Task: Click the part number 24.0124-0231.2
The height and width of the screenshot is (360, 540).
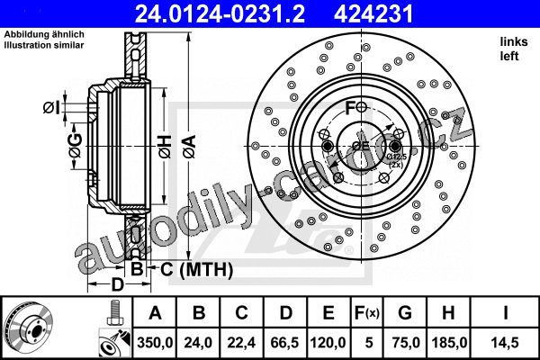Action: click(x=220, y=14)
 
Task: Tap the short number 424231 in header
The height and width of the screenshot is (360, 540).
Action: click(x=373, y=14)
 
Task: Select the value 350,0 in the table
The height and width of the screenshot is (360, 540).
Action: click(x=155, y=343)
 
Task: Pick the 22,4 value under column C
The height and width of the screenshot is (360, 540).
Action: click(x=241, y=343)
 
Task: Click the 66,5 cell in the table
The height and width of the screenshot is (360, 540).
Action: click(x=285, y=343)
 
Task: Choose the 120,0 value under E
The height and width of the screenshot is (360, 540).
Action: click(x=328, y=343)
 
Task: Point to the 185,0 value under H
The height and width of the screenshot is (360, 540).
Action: click(x=449, y=343)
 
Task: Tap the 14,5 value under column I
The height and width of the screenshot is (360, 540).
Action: click(x=505, y=343)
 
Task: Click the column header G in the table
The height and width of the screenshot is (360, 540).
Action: click(x=405, y=313)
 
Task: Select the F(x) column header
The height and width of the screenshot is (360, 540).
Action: click(x=366, y=313)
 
